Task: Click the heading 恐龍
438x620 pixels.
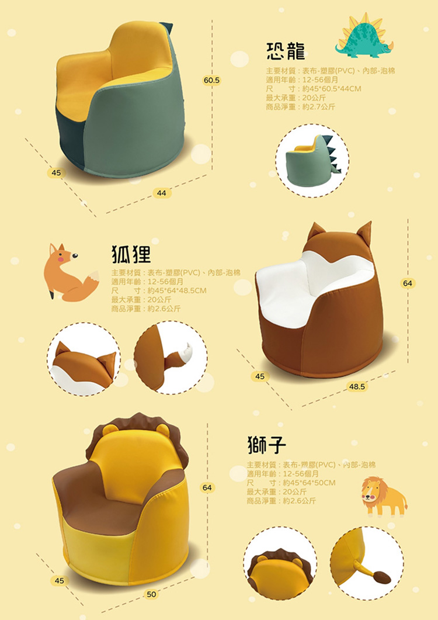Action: click(286, 51)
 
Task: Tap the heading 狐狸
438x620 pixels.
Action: click(131, 253)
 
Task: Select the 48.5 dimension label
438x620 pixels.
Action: click(357, 386)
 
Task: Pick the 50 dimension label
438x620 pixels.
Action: click(152, 594)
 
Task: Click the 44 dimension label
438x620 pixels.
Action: click(161, 193)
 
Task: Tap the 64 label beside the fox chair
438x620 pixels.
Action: click(408, 283)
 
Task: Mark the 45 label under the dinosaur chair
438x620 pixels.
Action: click(56, 173)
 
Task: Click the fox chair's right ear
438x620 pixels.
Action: click(365, 231)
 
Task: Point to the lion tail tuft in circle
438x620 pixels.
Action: click(381, 578)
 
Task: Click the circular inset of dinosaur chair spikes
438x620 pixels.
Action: click(312, 160)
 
